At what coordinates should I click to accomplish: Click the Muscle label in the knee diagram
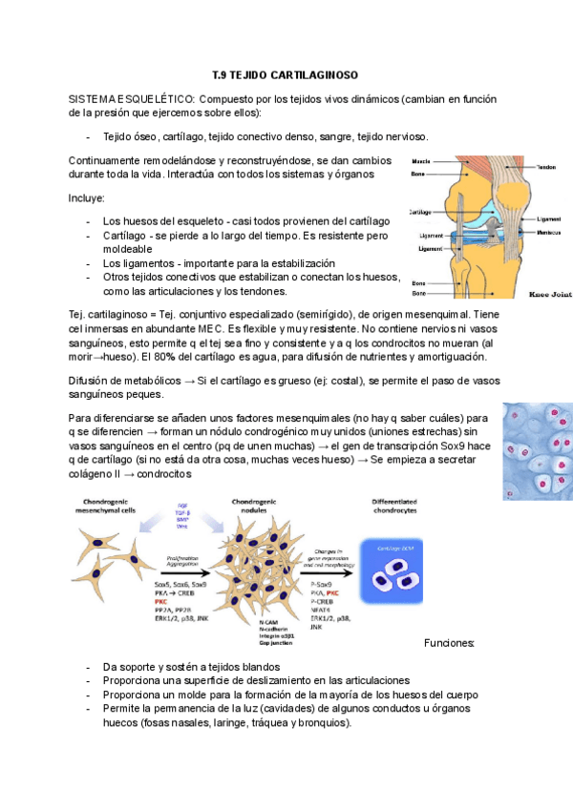point(421,162)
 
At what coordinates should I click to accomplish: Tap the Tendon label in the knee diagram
point(546,167)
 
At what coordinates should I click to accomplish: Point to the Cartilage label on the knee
point(419,212)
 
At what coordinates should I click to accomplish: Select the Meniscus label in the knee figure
point(548,232)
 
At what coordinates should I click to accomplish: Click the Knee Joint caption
point(549,295)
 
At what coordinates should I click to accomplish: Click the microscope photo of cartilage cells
point(539,449)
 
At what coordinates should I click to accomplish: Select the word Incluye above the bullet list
point(87,198)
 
